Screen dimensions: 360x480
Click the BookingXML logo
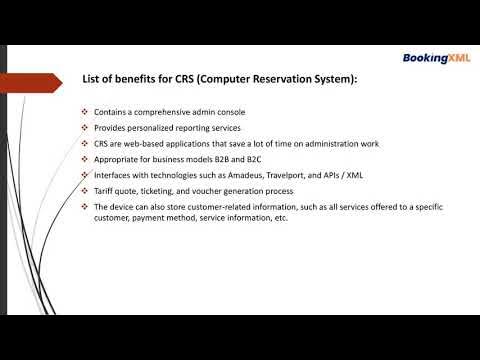437,58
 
